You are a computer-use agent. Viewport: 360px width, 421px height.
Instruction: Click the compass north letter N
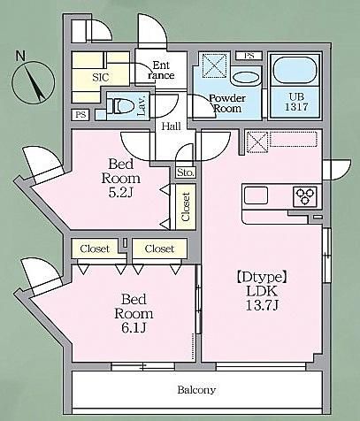click(20, 56)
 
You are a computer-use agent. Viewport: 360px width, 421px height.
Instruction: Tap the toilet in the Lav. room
click(120, 105)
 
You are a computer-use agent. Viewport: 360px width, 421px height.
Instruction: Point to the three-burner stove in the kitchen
click(305, 196)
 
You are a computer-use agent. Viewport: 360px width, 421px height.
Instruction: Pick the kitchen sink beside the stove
click(256, 195)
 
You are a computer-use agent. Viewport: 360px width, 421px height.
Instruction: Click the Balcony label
click(196, 390)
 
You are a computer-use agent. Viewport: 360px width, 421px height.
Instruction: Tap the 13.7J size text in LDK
click(262, 306)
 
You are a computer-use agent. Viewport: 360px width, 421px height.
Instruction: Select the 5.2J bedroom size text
click(121, 193)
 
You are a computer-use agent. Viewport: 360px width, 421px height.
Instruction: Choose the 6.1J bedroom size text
click(134, 327)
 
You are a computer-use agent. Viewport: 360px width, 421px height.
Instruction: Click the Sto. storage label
click(186, 172)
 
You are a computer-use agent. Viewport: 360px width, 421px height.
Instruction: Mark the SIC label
click(101, 78)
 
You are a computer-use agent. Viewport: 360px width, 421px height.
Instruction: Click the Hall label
click(172, 126)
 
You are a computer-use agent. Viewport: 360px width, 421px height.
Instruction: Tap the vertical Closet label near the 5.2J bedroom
click(186, 207)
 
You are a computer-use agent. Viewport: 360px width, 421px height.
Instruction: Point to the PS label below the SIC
click(80, 115)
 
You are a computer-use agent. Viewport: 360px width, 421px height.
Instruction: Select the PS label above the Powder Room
click(249, 56)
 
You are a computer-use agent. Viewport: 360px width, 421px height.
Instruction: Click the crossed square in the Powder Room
click(214, 65)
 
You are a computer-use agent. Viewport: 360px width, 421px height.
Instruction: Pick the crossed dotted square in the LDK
click(257, 142)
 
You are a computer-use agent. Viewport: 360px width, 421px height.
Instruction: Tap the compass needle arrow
click(34, 83)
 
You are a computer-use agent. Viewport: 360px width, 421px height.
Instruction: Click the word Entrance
click(161, 70)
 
